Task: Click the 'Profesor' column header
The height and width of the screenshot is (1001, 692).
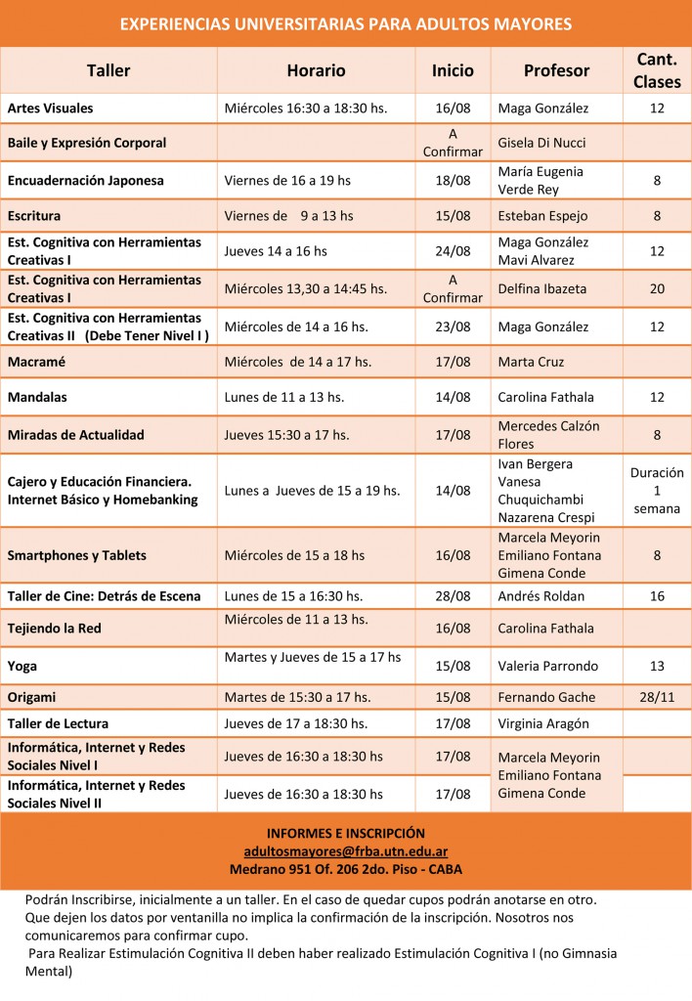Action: pyautogui.click(x=556, y=70)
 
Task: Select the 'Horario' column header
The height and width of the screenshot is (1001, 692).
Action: pyautogui.click(x=316, y=70)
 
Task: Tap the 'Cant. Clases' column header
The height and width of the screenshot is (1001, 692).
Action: pyautogui.click(x=656, y=70)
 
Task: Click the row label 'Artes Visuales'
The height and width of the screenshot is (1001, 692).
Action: pyautogui.click(x=51, y=108)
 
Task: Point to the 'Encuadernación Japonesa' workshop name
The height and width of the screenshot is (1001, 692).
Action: pyautogui.click(x=86, y=181)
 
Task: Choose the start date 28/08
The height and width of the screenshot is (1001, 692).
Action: pyautogui.click(x=452, y=596)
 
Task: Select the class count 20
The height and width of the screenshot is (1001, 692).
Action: pyautogui.click(x=657, y=288)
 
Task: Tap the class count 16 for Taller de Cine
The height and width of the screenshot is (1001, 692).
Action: pyautogui.click(x=657, y=596)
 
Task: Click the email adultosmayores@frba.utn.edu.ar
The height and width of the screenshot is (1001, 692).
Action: pyautogui.click(x=346, y=851)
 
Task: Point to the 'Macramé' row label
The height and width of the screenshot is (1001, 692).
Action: pyautogui.click(x=36, y=362)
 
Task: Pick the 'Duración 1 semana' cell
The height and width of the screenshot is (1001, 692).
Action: pyautogui.click(x=657, y=491)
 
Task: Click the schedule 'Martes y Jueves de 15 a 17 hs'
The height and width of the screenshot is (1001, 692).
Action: pyautogui.click(x=313, y=657)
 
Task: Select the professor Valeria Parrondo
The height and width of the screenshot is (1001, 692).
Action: pyautogui.click(x=547, y=666)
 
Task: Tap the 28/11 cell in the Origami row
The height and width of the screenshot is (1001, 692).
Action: pyautogui.click(x=657, y=697)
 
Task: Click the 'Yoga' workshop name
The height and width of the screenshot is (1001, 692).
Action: pyautogui.click(x=22, y=666)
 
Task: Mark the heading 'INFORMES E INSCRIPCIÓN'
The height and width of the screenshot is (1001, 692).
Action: pyautogui.click(x=346, y=834)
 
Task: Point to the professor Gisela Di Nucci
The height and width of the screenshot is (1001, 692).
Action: pyautogui.click(x=543, y=143)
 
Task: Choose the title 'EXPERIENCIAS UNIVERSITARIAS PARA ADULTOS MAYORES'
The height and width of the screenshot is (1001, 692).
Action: pyautogui.click(x=346, y=23)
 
